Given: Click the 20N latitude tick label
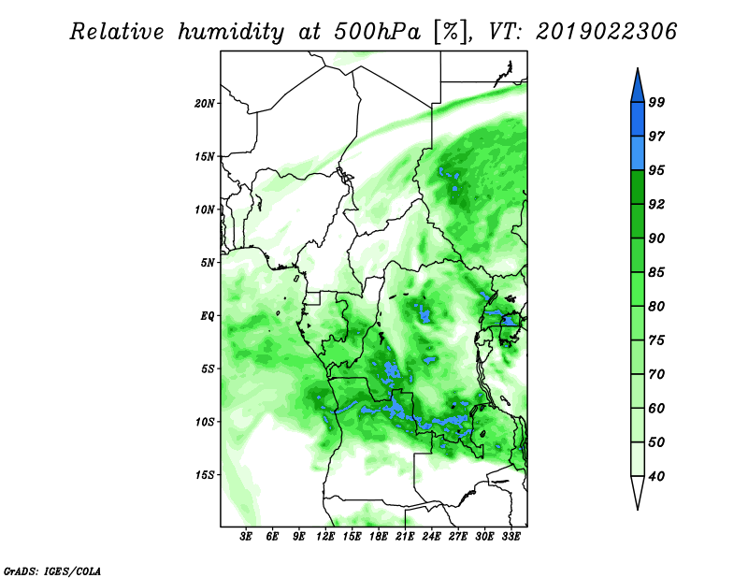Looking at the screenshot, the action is coord(205,104).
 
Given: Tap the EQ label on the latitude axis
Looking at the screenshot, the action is coord(208,316).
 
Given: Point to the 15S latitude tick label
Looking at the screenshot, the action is coord(205,475).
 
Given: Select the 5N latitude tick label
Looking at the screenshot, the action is coord(208,263).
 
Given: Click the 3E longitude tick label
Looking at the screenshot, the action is coord(246,537).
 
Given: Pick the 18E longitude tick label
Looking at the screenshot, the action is coord(379,537).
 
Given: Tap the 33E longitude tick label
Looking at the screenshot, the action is coord(511,537).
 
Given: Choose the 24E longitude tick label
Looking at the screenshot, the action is coord(431,537).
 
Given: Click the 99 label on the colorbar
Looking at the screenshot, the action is coord(656,102).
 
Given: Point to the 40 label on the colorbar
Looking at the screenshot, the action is coord(656,476).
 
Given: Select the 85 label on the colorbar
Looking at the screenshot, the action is coord(656,272).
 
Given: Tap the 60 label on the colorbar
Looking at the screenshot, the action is coord(656,408).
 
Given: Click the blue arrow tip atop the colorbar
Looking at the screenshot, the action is coord(638,68).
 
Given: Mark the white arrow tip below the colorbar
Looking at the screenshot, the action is coord(638,509).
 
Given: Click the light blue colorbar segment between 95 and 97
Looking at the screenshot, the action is coord(638,153).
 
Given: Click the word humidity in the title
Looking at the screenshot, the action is coord(231,32).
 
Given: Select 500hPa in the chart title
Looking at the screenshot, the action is coord(377,32).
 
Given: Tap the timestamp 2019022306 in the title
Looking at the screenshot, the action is coord(606,32).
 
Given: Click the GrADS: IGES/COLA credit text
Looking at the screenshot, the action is coord(52,571).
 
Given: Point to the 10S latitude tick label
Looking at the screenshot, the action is coord(205,422).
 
